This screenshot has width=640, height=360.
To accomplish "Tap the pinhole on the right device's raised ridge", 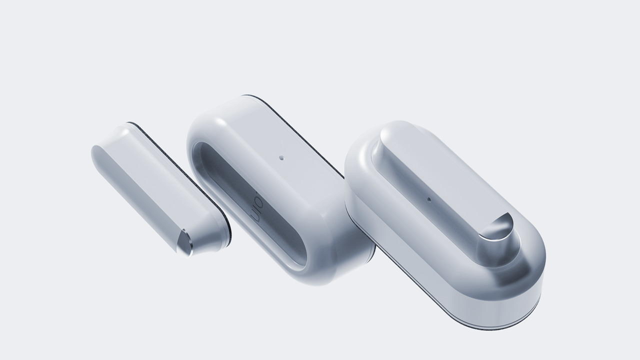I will [x=428, y=199].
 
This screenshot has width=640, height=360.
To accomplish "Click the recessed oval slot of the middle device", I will [x=250, y=205].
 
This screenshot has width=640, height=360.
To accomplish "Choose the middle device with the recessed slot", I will [x=280, y=190].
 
